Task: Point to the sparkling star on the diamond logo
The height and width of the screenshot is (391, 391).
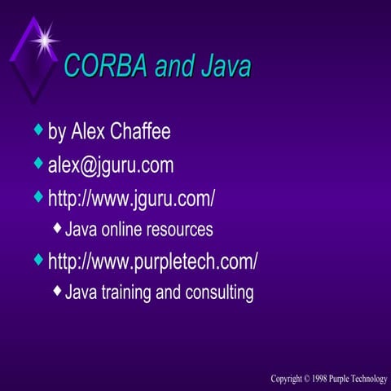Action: pyautogui.click(x=46, y=37)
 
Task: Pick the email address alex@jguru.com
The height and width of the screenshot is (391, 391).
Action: pyautogui.click(x=111, y=166)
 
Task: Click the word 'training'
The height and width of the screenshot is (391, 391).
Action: pyautogui.click(x=125, y=292)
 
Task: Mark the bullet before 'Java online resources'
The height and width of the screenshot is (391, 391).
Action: pyautogui.click(x=56, y=228)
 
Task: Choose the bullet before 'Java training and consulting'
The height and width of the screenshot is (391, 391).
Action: pyautogui.click(x=56, y=290)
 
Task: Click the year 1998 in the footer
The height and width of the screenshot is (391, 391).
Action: pyautogui.click(x=314, y=380)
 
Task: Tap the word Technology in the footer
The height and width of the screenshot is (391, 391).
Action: pyautogui.click(x=363, y=380)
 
